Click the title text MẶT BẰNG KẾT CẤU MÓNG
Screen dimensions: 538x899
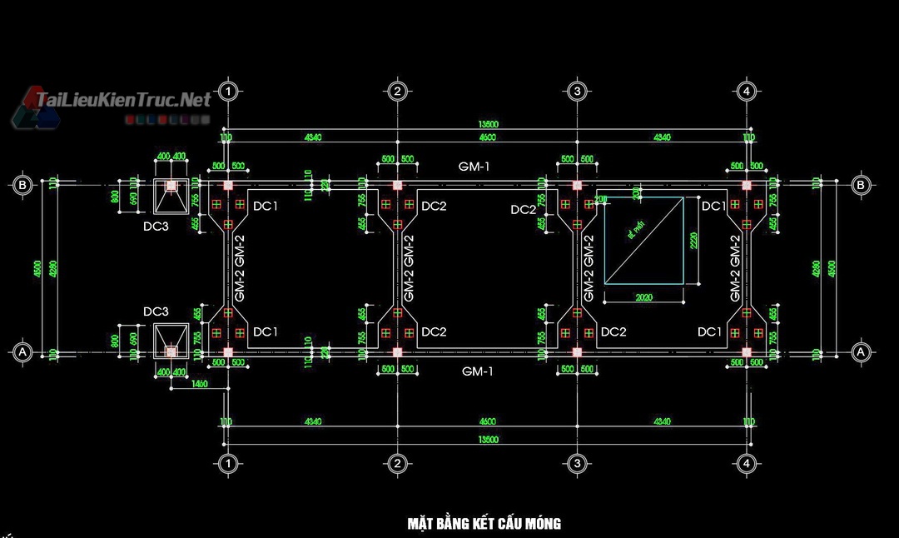(484, 524)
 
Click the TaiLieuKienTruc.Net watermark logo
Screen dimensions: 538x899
(117, 102)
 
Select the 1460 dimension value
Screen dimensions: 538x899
(199, 383)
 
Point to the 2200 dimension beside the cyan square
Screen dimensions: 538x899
(693, 241)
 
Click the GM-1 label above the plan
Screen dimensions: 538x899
(474, 167)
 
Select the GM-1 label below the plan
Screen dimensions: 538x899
(477, 371)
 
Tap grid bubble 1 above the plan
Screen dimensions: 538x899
(227, 91)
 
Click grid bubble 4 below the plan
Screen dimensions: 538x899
(747, 463)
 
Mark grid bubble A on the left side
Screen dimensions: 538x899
(23, 353)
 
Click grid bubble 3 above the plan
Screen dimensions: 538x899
(576, 91)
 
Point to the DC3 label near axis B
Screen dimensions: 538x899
(156, 225)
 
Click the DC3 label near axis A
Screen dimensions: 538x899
(156, 311)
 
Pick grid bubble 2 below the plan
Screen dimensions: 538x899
(397, 463)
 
